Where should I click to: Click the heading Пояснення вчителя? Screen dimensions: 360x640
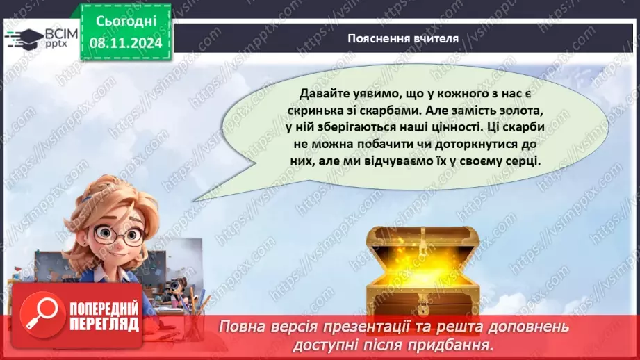pos(403,38)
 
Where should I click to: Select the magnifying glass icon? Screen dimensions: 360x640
pos(39,313)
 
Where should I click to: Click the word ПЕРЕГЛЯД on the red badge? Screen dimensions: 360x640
pos(105,324)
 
